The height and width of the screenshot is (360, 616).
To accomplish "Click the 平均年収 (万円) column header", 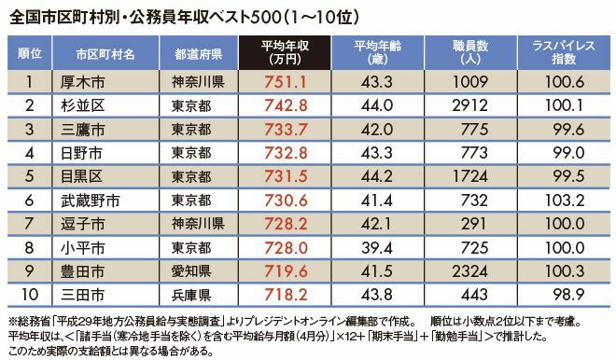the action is coord(285,52).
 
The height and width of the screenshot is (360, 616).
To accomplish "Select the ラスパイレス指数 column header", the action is coord(564,52).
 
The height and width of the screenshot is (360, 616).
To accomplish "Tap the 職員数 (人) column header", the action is coord(470,52).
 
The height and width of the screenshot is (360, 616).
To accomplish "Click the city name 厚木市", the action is coord(83,82).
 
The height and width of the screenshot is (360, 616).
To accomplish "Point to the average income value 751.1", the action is coord(286,82).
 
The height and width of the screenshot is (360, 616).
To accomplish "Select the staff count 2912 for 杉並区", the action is coord(469,105).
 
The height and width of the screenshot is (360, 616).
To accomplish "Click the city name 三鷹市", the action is coord(83,130).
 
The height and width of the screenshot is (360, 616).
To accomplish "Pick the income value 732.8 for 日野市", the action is coord(286,153).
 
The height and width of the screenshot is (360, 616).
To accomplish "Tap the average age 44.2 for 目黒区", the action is coord(377,176).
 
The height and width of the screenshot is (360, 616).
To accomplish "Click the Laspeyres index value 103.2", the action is coord(565,201).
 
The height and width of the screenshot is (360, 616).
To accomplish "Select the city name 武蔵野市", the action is coord(91,201).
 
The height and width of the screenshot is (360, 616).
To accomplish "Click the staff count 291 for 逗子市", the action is coord(474,224).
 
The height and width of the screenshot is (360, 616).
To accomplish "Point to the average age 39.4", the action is coord(377,248).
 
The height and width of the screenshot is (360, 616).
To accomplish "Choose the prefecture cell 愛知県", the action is coord(191,271).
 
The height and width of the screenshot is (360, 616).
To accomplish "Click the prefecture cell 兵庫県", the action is coord(191,295).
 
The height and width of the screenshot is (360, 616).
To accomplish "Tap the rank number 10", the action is coord(30,295).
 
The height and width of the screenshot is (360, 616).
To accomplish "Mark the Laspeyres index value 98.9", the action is coord(568,295).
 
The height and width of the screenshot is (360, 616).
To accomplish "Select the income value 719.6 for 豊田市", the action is coord(286,271).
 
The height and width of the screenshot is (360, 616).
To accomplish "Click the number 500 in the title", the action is coord(267,18).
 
